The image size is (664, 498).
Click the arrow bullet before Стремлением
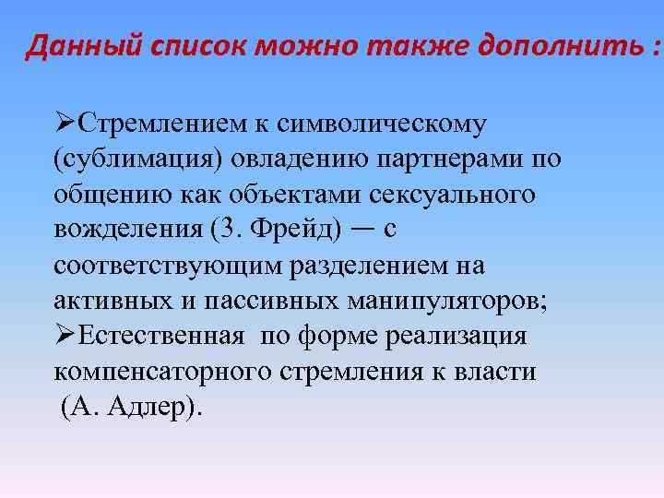(65, 123)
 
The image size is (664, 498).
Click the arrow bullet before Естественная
(65, 337)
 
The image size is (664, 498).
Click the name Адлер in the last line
(148, 408)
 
